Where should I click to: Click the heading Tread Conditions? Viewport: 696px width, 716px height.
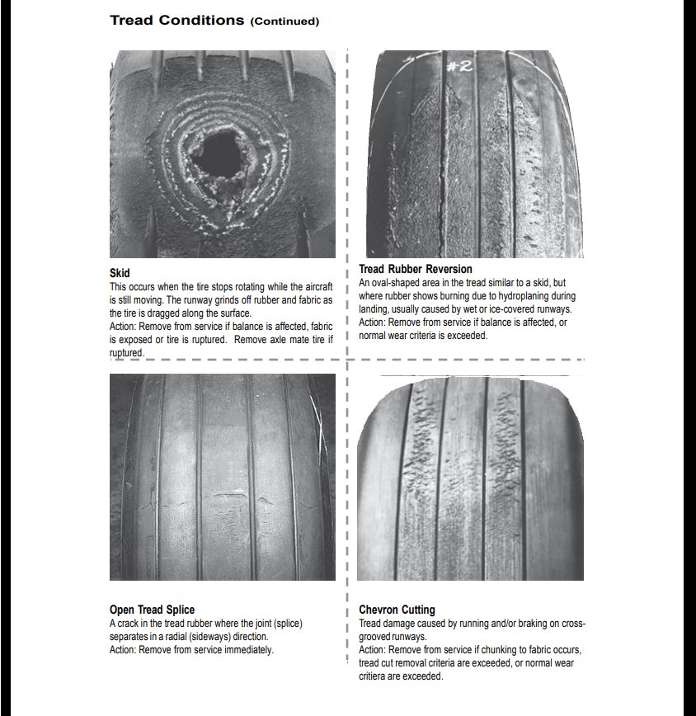coord(176,20)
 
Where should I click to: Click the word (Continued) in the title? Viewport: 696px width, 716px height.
coord(284,21)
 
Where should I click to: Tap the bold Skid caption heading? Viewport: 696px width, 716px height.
coord(120,273)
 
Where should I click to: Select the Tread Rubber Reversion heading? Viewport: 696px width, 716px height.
coord(416,270)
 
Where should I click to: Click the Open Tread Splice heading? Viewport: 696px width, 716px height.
coord(152,610)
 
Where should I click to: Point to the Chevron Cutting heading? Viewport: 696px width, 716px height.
coord(397,610)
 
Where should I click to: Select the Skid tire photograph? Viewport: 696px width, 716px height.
coord(223,154)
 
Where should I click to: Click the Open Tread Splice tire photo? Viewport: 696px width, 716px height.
coord(223,477)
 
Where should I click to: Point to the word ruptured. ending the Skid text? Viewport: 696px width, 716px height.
coord(126,352)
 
